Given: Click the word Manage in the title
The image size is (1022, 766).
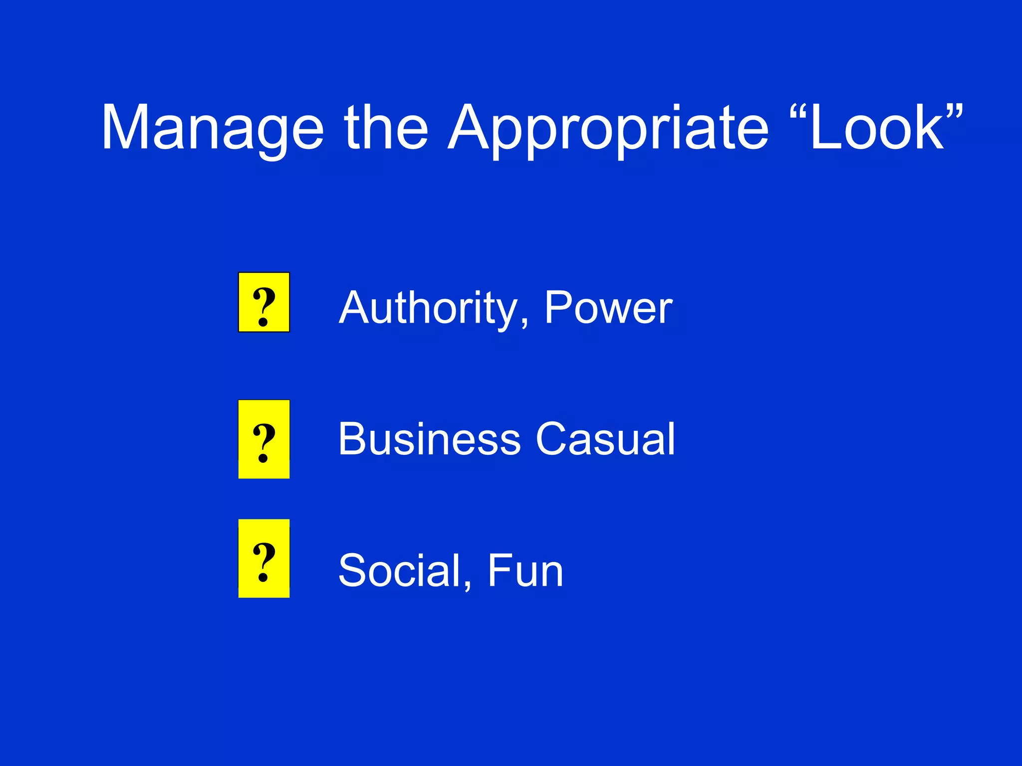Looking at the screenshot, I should click(213, 128).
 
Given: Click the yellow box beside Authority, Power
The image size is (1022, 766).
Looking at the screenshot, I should click(264, 302).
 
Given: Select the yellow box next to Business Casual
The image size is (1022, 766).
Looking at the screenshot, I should click(264, 439).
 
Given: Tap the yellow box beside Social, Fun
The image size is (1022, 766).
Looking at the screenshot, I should click(264, 558).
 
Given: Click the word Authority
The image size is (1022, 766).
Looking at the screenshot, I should click(428, 308).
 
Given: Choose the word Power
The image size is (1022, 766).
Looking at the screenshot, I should click(608, 308).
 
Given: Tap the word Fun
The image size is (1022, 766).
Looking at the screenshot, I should click(525, 571).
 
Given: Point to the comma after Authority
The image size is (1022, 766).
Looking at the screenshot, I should click(524, 324).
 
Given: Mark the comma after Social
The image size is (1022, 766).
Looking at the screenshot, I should click(467, 586).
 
